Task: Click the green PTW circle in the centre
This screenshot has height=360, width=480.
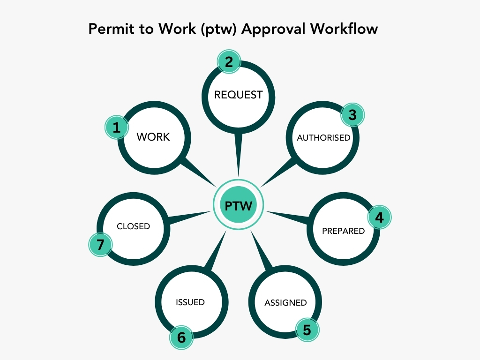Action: click(x=238, y=205)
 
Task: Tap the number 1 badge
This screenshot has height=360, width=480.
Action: click(x=116, y=127)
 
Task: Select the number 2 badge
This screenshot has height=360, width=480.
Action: click(x=229, y=62)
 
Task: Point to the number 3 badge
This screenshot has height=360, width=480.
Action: click(x=352, y=115)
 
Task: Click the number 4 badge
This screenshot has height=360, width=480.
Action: click(x=379, y=217)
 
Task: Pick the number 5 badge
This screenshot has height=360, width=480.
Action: click(x=307, y=330)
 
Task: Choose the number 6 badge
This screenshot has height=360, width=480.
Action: click(x=181, y=337)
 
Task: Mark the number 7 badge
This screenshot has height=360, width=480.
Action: click(x=100, y=244)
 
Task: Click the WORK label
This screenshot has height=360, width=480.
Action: click(x=153, y=137)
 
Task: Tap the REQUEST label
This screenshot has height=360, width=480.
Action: click(x=238, y=95)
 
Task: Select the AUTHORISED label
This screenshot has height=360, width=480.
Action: click(x=323, y=138)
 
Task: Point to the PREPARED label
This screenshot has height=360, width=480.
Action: click(x=343, y=231)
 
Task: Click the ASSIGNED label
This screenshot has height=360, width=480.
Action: click(x=285, y=302)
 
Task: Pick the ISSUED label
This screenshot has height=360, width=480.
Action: click(x=190, y=302)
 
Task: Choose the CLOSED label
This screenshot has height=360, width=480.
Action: click(x=133, y=226)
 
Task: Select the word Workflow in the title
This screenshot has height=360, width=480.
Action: click(x=344, y=29)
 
